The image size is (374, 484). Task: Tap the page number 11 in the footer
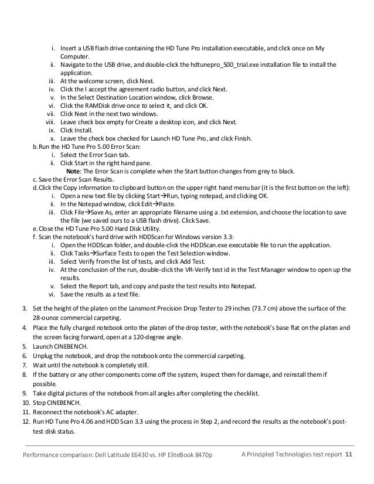pos(349,455)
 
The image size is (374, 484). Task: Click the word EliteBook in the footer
pos(185,455)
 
